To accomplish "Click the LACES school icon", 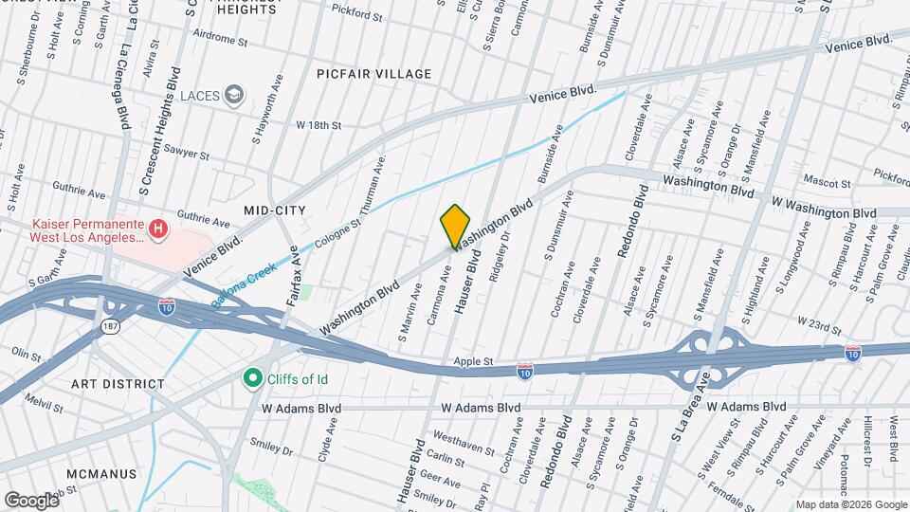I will pos(235,95).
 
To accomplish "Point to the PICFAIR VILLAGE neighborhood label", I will pos(374,73).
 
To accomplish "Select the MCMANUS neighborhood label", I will pos(108,472).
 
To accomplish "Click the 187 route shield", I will pos(111,325).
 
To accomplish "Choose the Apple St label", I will pos(475,362).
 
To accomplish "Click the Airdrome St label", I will pos(218,43).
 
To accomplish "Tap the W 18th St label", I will pos(318,124).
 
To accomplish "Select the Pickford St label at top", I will pos(356,16).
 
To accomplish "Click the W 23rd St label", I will pos(819,328).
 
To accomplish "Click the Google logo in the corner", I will pos(32,500).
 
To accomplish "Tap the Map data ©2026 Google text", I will pos(851,504).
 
